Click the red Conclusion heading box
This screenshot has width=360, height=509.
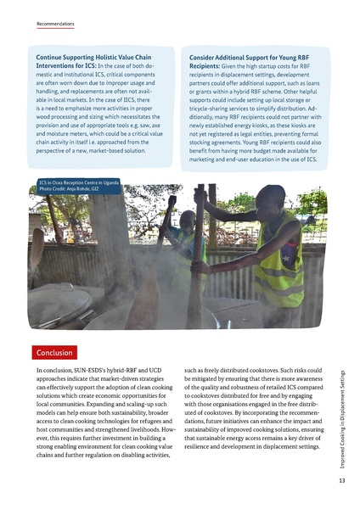54,352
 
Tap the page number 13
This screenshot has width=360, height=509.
340,480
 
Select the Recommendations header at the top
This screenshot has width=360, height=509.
55,25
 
